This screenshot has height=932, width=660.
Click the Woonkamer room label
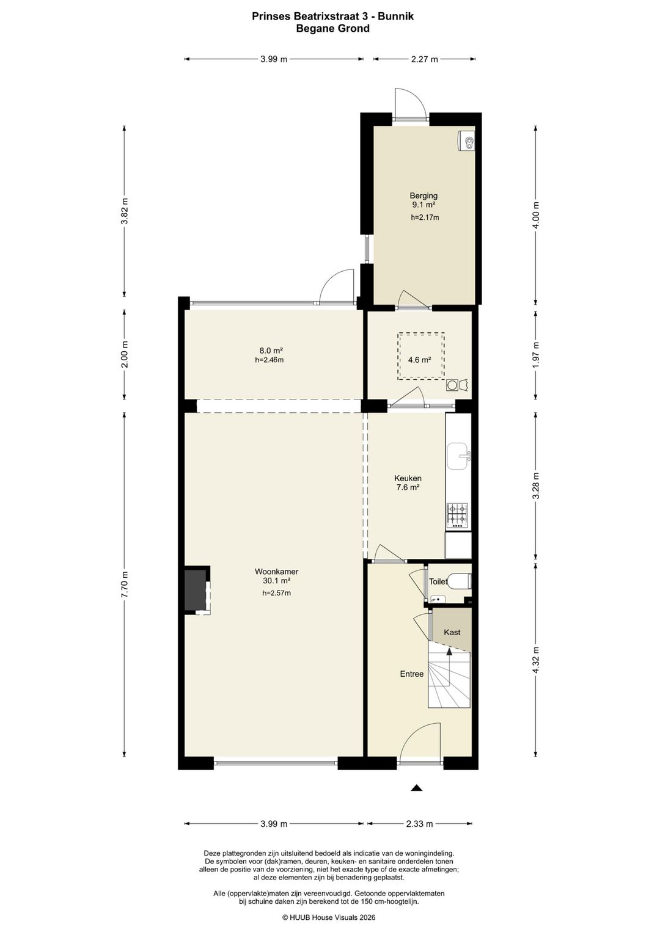click(x=276, y=572)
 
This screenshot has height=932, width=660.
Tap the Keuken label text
click(x=408, y=478)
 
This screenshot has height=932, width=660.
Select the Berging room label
click(x=424, y=195)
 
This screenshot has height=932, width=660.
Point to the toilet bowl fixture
click(x=460, y=581)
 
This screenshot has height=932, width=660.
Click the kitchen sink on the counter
click(x=458, y=456)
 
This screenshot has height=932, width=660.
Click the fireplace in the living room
click(x=197, y=590)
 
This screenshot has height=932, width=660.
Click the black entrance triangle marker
click(x=417, y=788)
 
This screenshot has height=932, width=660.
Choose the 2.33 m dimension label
click(x=419, y=824)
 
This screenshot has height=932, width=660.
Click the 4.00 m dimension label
click(x=536, y=215)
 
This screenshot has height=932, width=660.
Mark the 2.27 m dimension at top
click(x=424, y=59)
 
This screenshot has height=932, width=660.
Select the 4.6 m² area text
click(x=419, y=360)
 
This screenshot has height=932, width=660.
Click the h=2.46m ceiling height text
click(x=269, y=360)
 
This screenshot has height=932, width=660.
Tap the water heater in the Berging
click(x=466, y=140)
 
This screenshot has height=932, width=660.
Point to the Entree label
click(x=412, y=674)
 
